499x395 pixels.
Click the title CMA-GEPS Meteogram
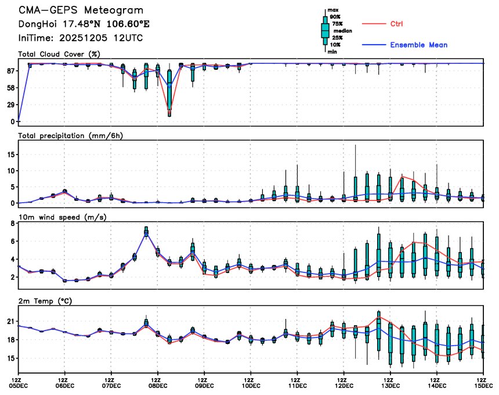(x=81, y=10)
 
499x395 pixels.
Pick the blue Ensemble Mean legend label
(x=418, y=45)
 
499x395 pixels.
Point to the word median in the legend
(x=338, y=30)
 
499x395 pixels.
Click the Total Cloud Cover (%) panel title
(x=59, y=54)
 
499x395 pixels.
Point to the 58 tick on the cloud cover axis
(x=10, y=88)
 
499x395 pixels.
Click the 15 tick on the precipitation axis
(x=10, y=155)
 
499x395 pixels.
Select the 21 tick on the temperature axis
(x=10, y=321)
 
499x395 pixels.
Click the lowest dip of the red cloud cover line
(x=169, y=109)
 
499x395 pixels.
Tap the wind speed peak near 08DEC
(x=146, y=231)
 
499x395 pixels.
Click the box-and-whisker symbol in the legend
(x=325, y=29)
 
